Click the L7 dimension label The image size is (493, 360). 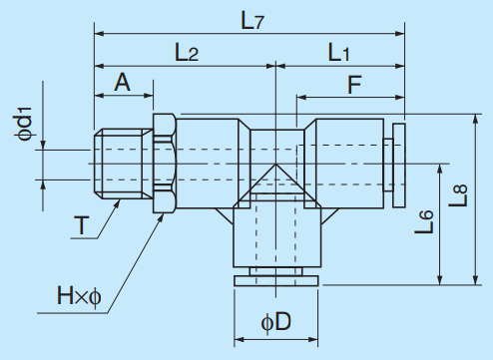pos(250,17)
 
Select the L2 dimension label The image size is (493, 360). pos(186,53)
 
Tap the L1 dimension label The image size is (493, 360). pos(339,53)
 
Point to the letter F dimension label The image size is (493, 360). pos(354,85)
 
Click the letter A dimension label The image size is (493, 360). pos(124,83)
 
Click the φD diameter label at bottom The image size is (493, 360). pos(275,324)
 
